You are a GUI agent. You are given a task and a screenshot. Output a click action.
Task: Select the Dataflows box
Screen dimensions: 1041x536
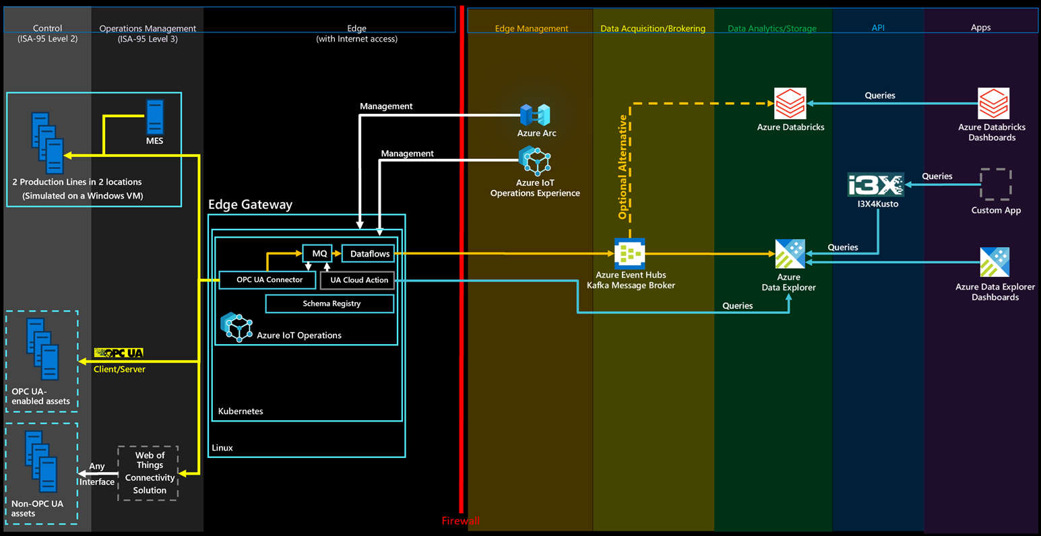point(369,254)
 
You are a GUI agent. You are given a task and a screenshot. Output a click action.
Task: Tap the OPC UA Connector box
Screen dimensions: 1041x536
point(267,279)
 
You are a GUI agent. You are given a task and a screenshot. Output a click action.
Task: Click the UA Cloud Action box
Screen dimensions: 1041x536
point(357,280)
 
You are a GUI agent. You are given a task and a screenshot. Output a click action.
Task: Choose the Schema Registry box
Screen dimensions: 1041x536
point(329,304)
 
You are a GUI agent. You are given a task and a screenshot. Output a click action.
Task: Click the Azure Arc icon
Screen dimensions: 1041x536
point(536,114)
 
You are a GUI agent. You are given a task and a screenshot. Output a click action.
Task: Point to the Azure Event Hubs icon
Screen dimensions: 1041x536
point(630,254)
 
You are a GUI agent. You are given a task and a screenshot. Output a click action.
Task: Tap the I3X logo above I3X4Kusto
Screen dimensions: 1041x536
point(876,185)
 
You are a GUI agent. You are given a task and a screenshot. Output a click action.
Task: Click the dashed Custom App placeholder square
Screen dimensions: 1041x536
point(995,184)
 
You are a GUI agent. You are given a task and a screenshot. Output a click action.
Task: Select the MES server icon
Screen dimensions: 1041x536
point(155,117)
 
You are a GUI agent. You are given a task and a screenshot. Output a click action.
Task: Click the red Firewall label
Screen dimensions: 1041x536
point(461,521)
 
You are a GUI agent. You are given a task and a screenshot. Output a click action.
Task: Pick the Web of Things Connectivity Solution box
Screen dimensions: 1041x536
point(148,473)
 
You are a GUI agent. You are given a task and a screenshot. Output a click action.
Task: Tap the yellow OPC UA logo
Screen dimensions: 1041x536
point(119,353)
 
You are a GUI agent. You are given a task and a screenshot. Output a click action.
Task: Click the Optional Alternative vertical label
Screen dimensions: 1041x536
point(623,167)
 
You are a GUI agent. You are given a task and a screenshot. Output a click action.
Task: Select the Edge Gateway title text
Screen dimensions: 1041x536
point(250,205)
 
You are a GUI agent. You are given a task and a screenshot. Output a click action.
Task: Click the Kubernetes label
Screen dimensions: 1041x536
point(241,411)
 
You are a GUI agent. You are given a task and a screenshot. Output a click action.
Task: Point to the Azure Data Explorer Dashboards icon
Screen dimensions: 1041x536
point(995,262)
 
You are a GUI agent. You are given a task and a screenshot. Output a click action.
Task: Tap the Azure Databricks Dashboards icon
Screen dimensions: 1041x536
point(994,103)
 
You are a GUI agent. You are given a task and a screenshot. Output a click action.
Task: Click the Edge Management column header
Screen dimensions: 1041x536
point(531,28)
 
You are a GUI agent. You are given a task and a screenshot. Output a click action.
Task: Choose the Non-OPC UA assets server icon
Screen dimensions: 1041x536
point(41,461)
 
